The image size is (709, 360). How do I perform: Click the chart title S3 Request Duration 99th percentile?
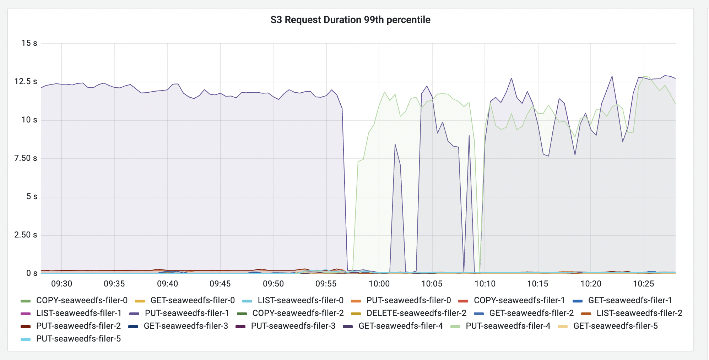tap(350, 20)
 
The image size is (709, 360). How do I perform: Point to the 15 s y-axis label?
tap(29, 43)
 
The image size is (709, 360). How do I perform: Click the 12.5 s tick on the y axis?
tap(26, 82)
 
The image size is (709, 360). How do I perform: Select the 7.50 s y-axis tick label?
tap(26, 158)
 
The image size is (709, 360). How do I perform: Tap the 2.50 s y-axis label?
tap(26, 235)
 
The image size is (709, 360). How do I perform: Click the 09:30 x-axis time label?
tap(61, 284)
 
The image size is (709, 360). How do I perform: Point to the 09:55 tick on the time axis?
tap(326, 284)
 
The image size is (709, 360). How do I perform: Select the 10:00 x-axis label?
tap(379, 284)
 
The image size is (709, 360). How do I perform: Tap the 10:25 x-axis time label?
tap(644, 284)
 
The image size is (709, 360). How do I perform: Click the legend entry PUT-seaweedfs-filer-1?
tap(187, 313)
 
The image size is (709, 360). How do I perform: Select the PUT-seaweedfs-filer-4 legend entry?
tap(508, 326)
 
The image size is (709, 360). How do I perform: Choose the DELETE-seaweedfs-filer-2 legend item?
tap(416, 313)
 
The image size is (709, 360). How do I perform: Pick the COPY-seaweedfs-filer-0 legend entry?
tap(82, 300)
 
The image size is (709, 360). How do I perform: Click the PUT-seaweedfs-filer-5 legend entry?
tap(79, 339)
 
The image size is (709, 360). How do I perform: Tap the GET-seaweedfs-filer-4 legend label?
tap(401, 326)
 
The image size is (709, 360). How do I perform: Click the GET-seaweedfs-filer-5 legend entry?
tap(616, 326)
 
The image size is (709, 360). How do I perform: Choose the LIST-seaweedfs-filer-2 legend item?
tap(639, 313)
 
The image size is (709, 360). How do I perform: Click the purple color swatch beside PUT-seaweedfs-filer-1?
tap(134, 313)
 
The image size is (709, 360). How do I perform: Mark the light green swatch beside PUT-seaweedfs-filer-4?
tap(455, 326)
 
